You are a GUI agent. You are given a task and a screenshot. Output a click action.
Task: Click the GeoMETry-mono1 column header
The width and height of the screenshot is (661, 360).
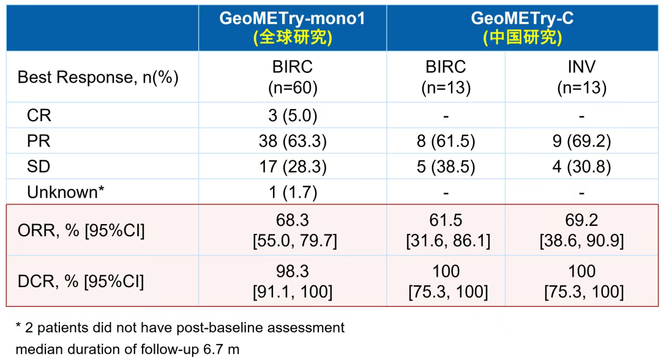coord(292,18)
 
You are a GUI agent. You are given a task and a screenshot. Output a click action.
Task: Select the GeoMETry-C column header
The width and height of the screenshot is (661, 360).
coord(522,18)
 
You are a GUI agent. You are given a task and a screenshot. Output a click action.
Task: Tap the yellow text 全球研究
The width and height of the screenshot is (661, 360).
coord(293,38)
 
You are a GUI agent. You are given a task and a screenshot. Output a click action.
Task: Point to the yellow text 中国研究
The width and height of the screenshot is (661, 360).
coord(522,38)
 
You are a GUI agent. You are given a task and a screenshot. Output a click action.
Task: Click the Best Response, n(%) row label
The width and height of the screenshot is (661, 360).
coord(98,78)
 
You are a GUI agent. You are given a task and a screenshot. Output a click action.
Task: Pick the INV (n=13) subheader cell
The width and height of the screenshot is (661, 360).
coord(581,77)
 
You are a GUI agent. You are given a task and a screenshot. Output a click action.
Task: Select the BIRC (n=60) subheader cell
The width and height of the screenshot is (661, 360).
coord(293,77)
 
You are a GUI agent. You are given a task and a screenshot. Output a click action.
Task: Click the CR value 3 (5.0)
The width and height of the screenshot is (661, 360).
coord(293,115)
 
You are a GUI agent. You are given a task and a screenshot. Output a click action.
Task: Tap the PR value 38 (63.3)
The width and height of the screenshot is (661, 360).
coord(293,141)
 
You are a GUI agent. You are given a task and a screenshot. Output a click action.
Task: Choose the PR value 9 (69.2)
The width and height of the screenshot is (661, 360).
coord(581,141)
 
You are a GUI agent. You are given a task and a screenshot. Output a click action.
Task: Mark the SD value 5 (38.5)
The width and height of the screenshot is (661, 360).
coord(446,167)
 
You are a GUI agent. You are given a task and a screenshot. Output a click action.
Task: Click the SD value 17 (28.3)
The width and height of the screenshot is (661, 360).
coord(293,167)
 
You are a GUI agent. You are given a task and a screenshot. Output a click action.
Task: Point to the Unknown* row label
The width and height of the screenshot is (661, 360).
coord(65,192)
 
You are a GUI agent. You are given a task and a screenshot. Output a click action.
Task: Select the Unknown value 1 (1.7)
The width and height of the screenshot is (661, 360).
coord(293,192)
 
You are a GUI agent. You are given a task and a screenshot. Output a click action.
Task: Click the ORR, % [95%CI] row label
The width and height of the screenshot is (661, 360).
coord(81,231)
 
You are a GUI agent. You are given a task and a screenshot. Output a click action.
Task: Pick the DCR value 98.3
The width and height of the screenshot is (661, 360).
coord(293,271)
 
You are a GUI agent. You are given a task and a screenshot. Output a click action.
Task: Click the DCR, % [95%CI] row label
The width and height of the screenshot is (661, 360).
coord(81,281)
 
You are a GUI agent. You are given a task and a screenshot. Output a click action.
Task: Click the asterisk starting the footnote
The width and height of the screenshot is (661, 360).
coord(18,327)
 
